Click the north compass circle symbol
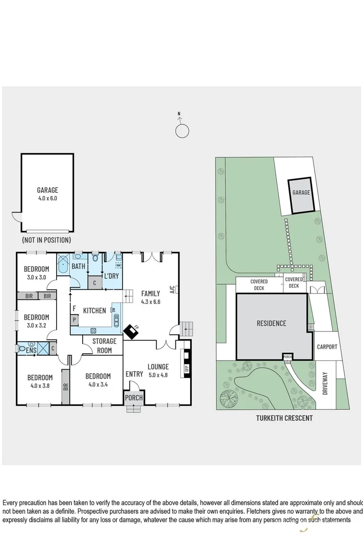[x=182, y=131]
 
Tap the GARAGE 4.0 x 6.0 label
[x=47, y=194]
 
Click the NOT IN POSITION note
[x=46, y=240]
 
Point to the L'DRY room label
[x=112, y=276]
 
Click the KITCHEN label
[x=94, y=310]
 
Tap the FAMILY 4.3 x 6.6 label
[x=150, y=297]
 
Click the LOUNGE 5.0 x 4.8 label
[x=158, y=371]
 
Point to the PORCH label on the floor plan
[x=134, y=398]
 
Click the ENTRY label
[x=134, y=374]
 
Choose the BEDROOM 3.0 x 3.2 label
[x=36, y=321]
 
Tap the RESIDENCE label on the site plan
[x=271, y=323]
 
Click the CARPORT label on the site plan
[x=327, y=347]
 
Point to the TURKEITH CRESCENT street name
[x=284, y=418]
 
